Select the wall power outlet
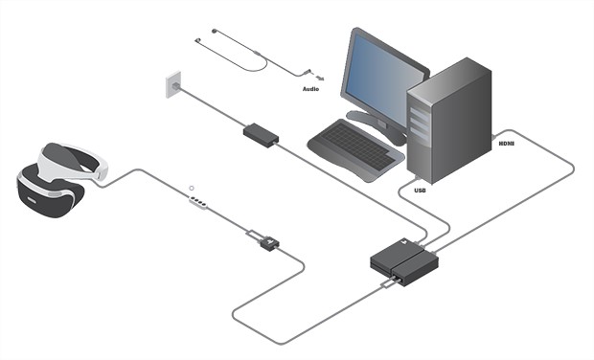(173, 85)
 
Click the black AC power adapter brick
(260, 133)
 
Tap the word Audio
(310, 88)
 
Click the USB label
(420, 191)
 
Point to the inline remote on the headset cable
(198, 201)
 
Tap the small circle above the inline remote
(192, 187)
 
